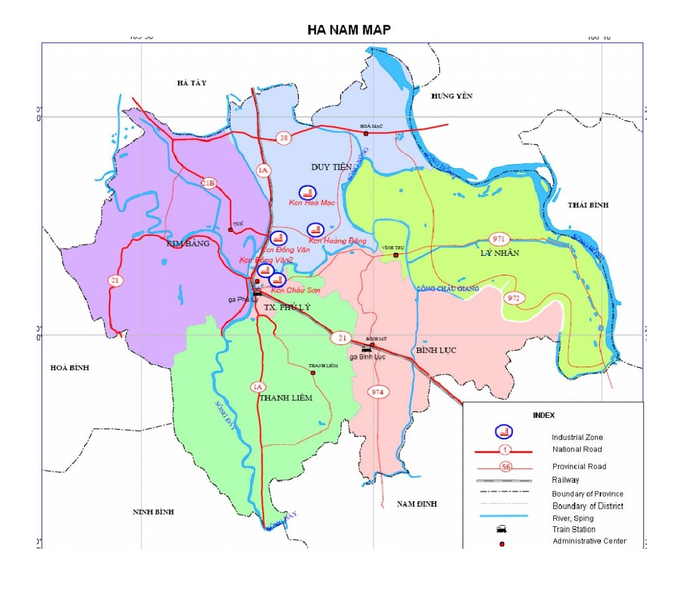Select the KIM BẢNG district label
click(x=188, y=244)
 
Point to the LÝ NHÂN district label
click(x=500, y=252)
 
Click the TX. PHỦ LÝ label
click(x=283, y=307)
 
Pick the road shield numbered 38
click(x=283, y=138)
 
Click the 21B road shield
click(x=209, y=182)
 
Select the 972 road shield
click(x=513, y=298)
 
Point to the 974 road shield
click(x=377, y=392)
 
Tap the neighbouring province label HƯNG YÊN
click(x=452, y=96)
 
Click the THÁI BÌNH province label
click(x=588, y=205)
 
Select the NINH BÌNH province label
click(x=154, y=512)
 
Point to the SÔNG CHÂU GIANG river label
click(x=448, y=288)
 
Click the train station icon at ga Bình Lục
click(x=366, y=349)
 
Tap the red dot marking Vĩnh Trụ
click(x=396, y=255)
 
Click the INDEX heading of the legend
click(x=543, y=415)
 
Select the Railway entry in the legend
click(x=565, y=480)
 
